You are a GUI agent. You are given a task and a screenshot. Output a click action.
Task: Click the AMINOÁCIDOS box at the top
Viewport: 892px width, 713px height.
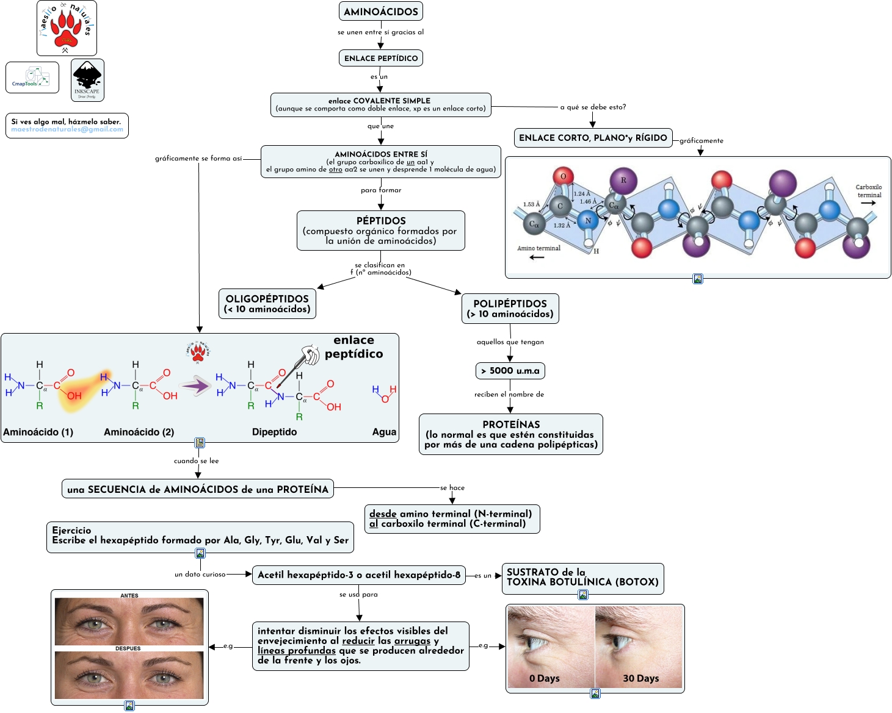pyautogui.click(x=381, y=12)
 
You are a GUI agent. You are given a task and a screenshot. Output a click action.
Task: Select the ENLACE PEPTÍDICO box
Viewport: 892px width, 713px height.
pyautogui.click(x=381, y=59)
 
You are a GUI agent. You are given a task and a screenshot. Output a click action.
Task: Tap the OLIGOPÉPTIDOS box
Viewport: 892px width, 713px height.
pyautogui.click(x=267, y=304)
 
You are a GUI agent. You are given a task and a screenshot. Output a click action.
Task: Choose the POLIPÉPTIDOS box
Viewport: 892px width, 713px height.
pyautogui.click(x=510, y=309)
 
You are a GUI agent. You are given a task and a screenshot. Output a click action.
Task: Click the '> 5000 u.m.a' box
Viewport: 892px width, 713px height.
pyautogui.click(x=510, y=371)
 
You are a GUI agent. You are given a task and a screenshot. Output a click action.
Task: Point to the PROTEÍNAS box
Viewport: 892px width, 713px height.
pyautogui.click(x=511, y=434)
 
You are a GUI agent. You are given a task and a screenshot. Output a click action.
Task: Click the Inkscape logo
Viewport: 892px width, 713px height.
pyautogui.click(x=87, y=80)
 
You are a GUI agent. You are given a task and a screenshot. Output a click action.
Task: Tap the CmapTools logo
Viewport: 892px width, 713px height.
pyautogui.click(x=32, y=77)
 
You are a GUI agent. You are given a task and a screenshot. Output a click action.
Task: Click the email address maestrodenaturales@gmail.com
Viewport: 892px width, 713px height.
pyautogui.click(x=67, y=129)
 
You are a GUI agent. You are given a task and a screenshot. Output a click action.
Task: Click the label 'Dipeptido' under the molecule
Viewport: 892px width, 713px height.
pyautogui.click(x=274, y=432)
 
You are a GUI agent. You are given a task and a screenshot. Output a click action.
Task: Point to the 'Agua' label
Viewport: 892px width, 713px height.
pyautogui.click(x=384, y=432)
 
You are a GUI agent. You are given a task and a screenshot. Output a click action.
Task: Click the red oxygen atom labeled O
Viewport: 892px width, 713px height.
pyautogui.click(x=563, y=177)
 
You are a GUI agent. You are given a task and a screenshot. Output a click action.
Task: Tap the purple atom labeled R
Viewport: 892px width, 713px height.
pyautogui.click(x=623, y=181)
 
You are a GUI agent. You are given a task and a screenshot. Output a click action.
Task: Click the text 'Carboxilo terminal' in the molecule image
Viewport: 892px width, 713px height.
pyautogui.click(x=869, y=191)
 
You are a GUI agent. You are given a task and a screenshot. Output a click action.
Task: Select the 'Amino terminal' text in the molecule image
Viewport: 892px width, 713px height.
pyautogui.click(x=538, y=248)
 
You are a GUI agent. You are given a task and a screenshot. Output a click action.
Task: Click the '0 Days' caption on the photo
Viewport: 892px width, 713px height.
pyautogui.click(x=544, y=678)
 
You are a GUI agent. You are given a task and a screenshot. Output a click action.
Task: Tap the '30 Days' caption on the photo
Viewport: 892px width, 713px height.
pyautogui.click(x=640, y=678)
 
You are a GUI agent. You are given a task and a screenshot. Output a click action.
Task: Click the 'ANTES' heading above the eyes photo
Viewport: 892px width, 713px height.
pyautogui.click(x=129, y=595)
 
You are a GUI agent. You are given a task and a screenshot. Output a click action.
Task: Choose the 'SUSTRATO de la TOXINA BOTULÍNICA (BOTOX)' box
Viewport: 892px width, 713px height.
pyautogui.click(x=582, y=577)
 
